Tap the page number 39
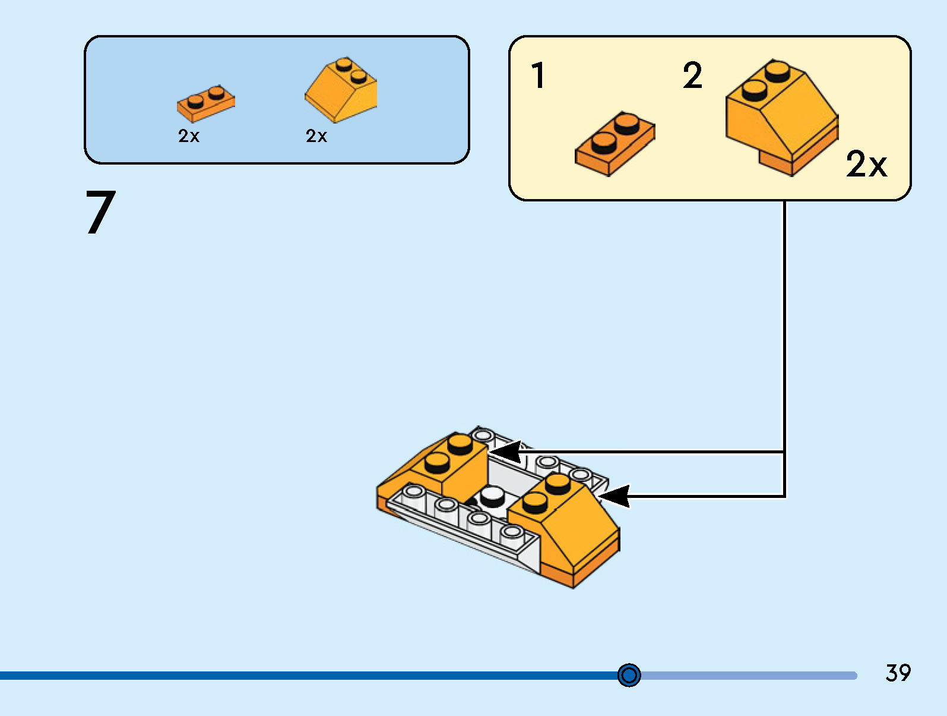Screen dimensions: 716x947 pyautogui.click(x=898, y=673)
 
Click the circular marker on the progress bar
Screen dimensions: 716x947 pyautogui.click(x=629, y=675)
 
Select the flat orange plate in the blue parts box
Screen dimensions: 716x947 pyautogui.click(x=205, y=103)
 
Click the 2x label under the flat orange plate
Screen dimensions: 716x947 pyautogui.click(x=189, y=136)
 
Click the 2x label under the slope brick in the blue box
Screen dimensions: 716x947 pyautogui.click(x=316, y=136)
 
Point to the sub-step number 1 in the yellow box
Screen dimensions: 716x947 pyautogui.click(x=538, y=75)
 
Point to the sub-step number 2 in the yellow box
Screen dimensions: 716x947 pyautogui.click(x=692, y=75)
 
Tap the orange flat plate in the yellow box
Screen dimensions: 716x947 pyautogui.click(x=615, y=143)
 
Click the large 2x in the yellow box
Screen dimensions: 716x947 pyautogui.click(x=866, y=164)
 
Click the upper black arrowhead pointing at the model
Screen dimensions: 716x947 pyautogui.click(x=505, y=452)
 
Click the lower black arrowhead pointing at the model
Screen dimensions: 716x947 pyautogui.click(x=614, y=496)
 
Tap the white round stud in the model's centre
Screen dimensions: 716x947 pyautogui.click(x=492, y=495)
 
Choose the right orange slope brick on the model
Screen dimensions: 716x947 pyautogui.click(x=570, y=523)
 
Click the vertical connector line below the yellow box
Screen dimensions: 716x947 pyautogui.click(x=784, y=327)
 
